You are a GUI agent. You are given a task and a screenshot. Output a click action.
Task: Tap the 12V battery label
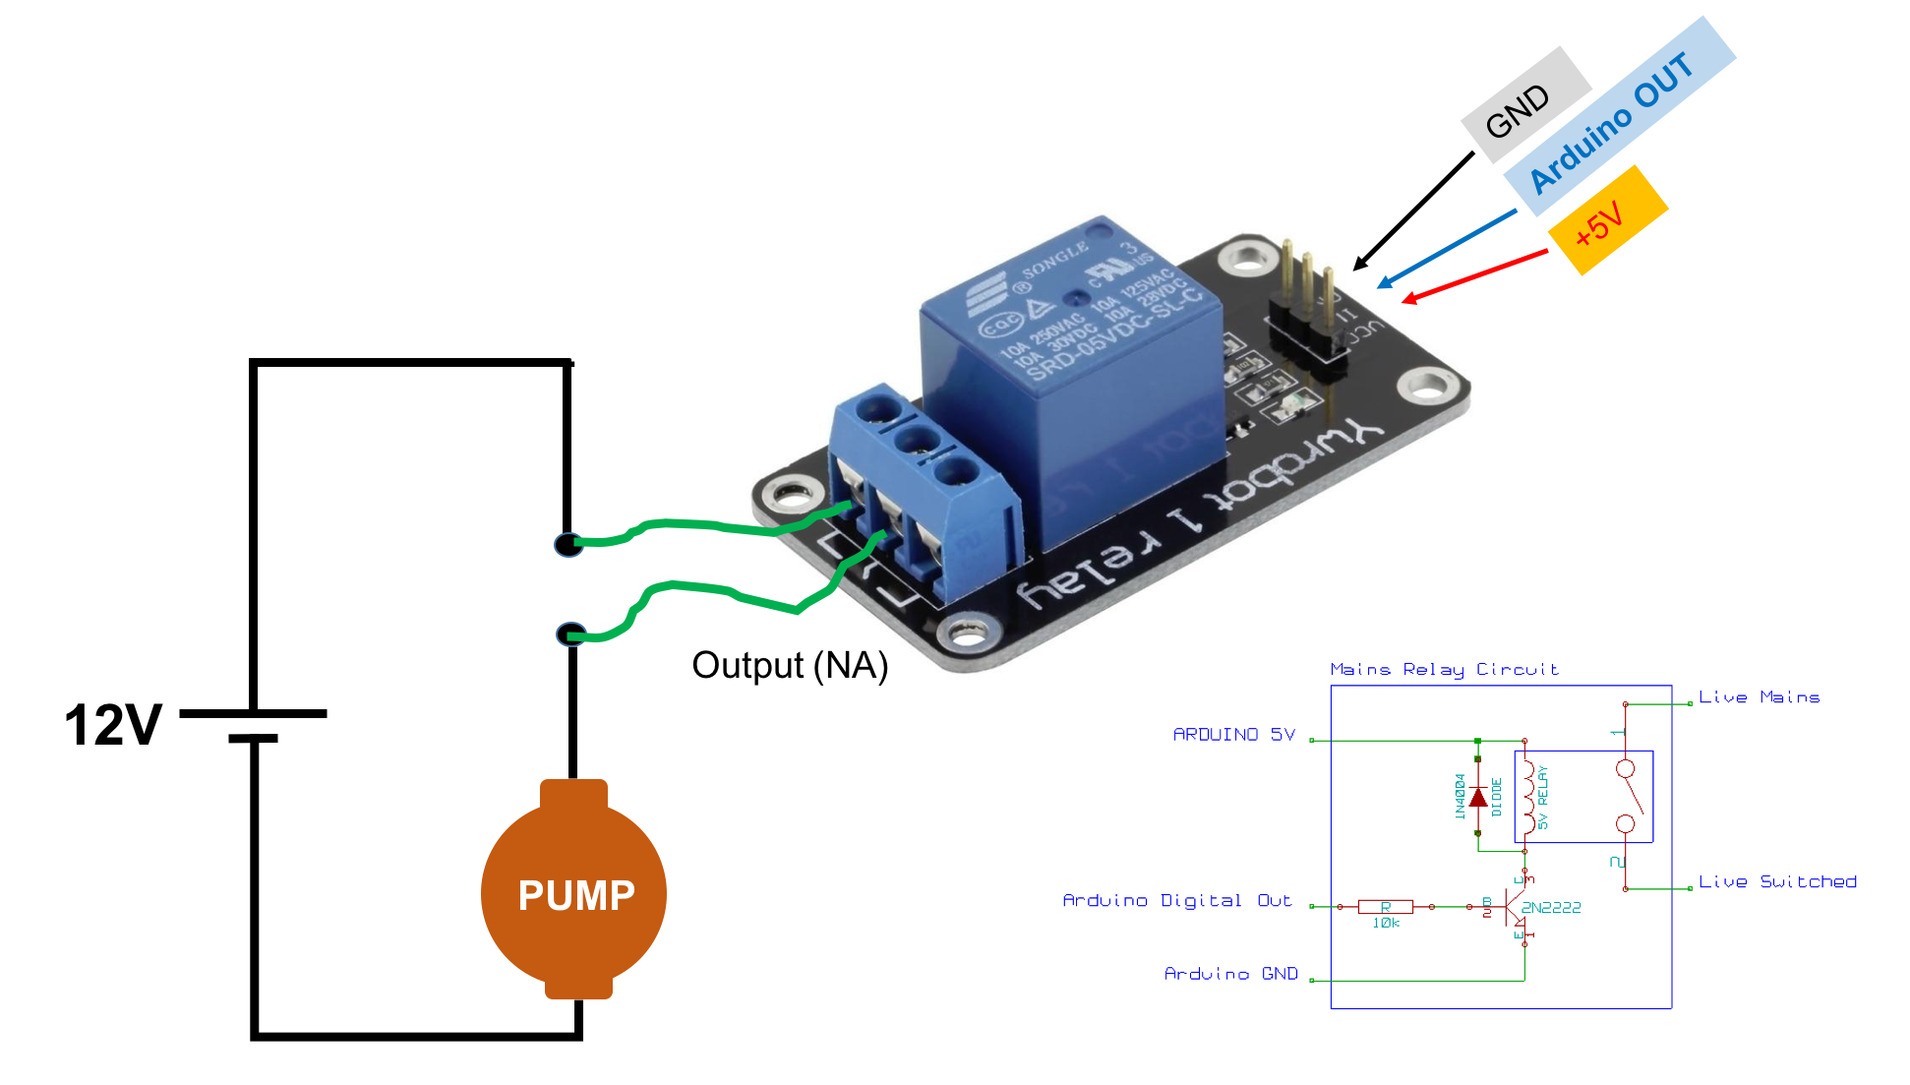(112, 726)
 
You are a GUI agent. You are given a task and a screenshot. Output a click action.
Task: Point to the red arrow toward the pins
(1475, 275)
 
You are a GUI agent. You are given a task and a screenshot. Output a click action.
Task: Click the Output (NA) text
(790, 666)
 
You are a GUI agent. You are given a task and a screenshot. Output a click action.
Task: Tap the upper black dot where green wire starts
(567, 544)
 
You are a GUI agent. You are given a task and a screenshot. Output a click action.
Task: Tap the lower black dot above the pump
(569, 634)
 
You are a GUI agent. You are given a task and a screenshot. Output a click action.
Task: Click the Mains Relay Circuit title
(1444, 670)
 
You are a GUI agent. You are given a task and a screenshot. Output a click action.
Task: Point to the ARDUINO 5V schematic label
(1233, 735)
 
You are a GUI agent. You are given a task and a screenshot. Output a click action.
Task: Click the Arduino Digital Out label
(1176, 901)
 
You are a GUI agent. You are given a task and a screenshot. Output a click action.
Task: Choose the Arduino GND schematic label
(1230, 974)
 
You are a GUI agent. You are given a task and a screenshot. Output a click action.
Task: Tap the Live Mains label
(1759, 697)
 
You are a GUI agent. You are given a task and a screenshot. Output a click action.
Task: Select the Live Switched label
(1777, 882)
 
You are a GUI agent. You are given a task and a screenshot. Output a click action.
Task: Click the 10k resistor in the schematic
(1385, 907)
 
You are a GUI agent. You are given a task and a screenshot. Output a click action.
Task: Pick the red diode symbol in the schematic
(1477, 797)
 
